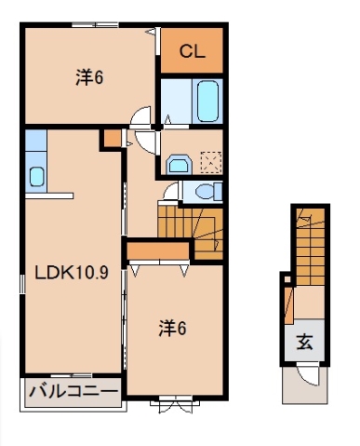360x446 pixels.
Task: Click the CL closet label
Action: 193,51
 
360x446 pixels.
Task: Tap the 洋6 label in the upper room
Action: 88,78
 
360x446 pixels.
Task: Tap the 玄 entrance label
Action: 305,341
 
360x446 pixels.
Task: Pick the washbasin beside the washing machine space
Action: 177,164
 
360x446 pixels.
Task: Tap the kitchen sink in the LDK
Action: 36,175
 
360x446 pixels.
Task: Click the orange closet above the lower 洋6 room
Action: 159,250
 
